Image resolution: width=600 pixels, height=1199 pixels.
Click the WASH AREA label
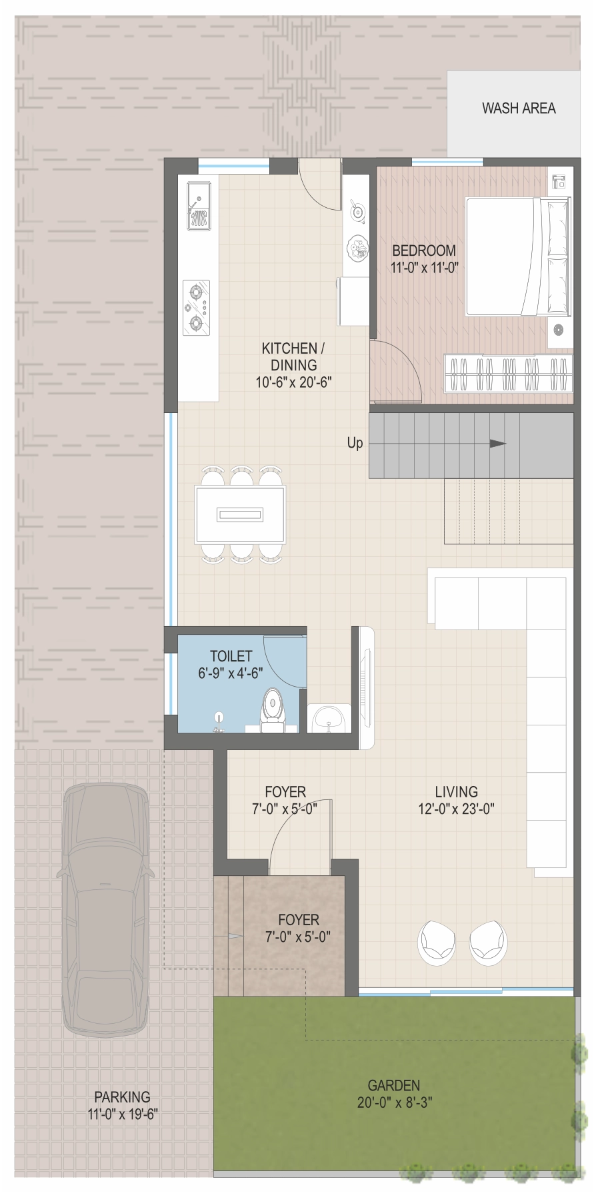click(519, 108)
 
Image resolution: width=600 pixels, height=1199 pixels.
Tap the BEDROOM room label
click(424, 250)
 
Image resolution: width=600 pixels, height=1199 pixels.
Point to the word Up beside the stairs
click(355, 443)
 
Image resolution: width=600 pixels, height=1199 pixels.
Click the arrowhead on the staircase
click(498, 444)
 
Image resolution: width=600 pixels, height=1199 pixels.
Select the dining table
click(240, 514)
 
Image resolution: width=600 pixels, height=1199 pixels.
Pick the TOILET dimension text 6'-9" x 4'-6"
click(231, 673)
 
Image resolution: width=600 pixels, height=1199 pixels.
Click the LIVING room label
click(457, 792)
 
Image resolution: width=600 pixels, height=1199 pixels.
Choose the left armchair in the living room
click(437, 942)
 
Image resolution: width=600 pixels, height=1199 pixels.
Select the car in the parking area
click(106, 909)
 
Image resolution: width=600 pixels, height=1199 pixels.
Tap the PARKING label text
click(122, 1096)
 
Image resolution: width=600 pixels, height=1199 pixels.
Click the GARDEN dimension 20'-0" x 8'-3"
click(394, 1102)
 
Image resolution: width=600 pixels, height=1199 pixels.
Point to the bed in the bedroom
click(518, 256)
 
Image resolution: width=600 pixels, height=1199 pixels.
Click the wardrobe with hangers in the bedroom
click(509, 373)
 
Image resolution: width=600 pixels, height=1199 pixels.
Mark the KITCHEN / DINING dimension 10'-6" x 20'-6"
click(293, 382)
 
